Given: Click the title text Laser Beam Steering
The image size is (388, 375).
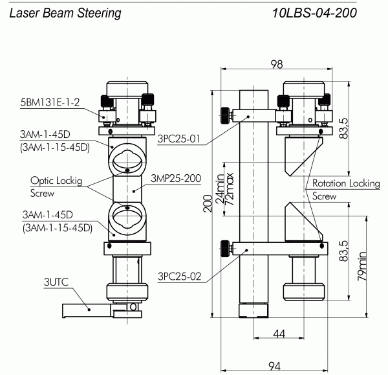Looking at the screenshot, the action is pyautogui.click(x=65, y=13).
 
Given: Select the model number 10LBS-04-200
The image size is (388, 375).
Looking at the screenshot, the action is pyautogui.click(x=314, y=13).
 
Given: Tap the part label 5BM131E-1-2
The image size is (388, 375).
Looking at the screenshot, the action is pyautogui.click(x=50, y=102).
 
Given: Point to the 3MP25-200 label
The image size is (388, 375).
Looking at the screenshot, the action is pyautogui.click(x=176, y=179).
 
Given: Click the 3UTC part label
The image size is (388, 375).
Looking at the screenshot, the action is pyautogui.click(x=56, y=282).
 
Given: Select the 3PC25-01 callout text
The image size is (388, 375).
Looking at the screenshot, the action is pyautogui.click(x=178, y=139).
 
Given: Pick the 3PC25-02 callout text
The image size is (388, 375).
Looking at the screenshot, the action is pyautogui.click(x=179, y=277).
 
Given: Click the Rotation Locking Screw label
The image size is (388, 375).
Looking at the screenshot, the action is pyautogui.click(x=346, y=190).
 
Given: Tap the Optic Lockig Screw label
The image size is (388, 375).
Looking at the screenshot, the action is pyautogui.click(x=56, y=187).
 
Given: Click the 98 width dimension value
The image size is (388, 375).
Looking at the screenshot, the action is pyautogui.click(x=277, y=64).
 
